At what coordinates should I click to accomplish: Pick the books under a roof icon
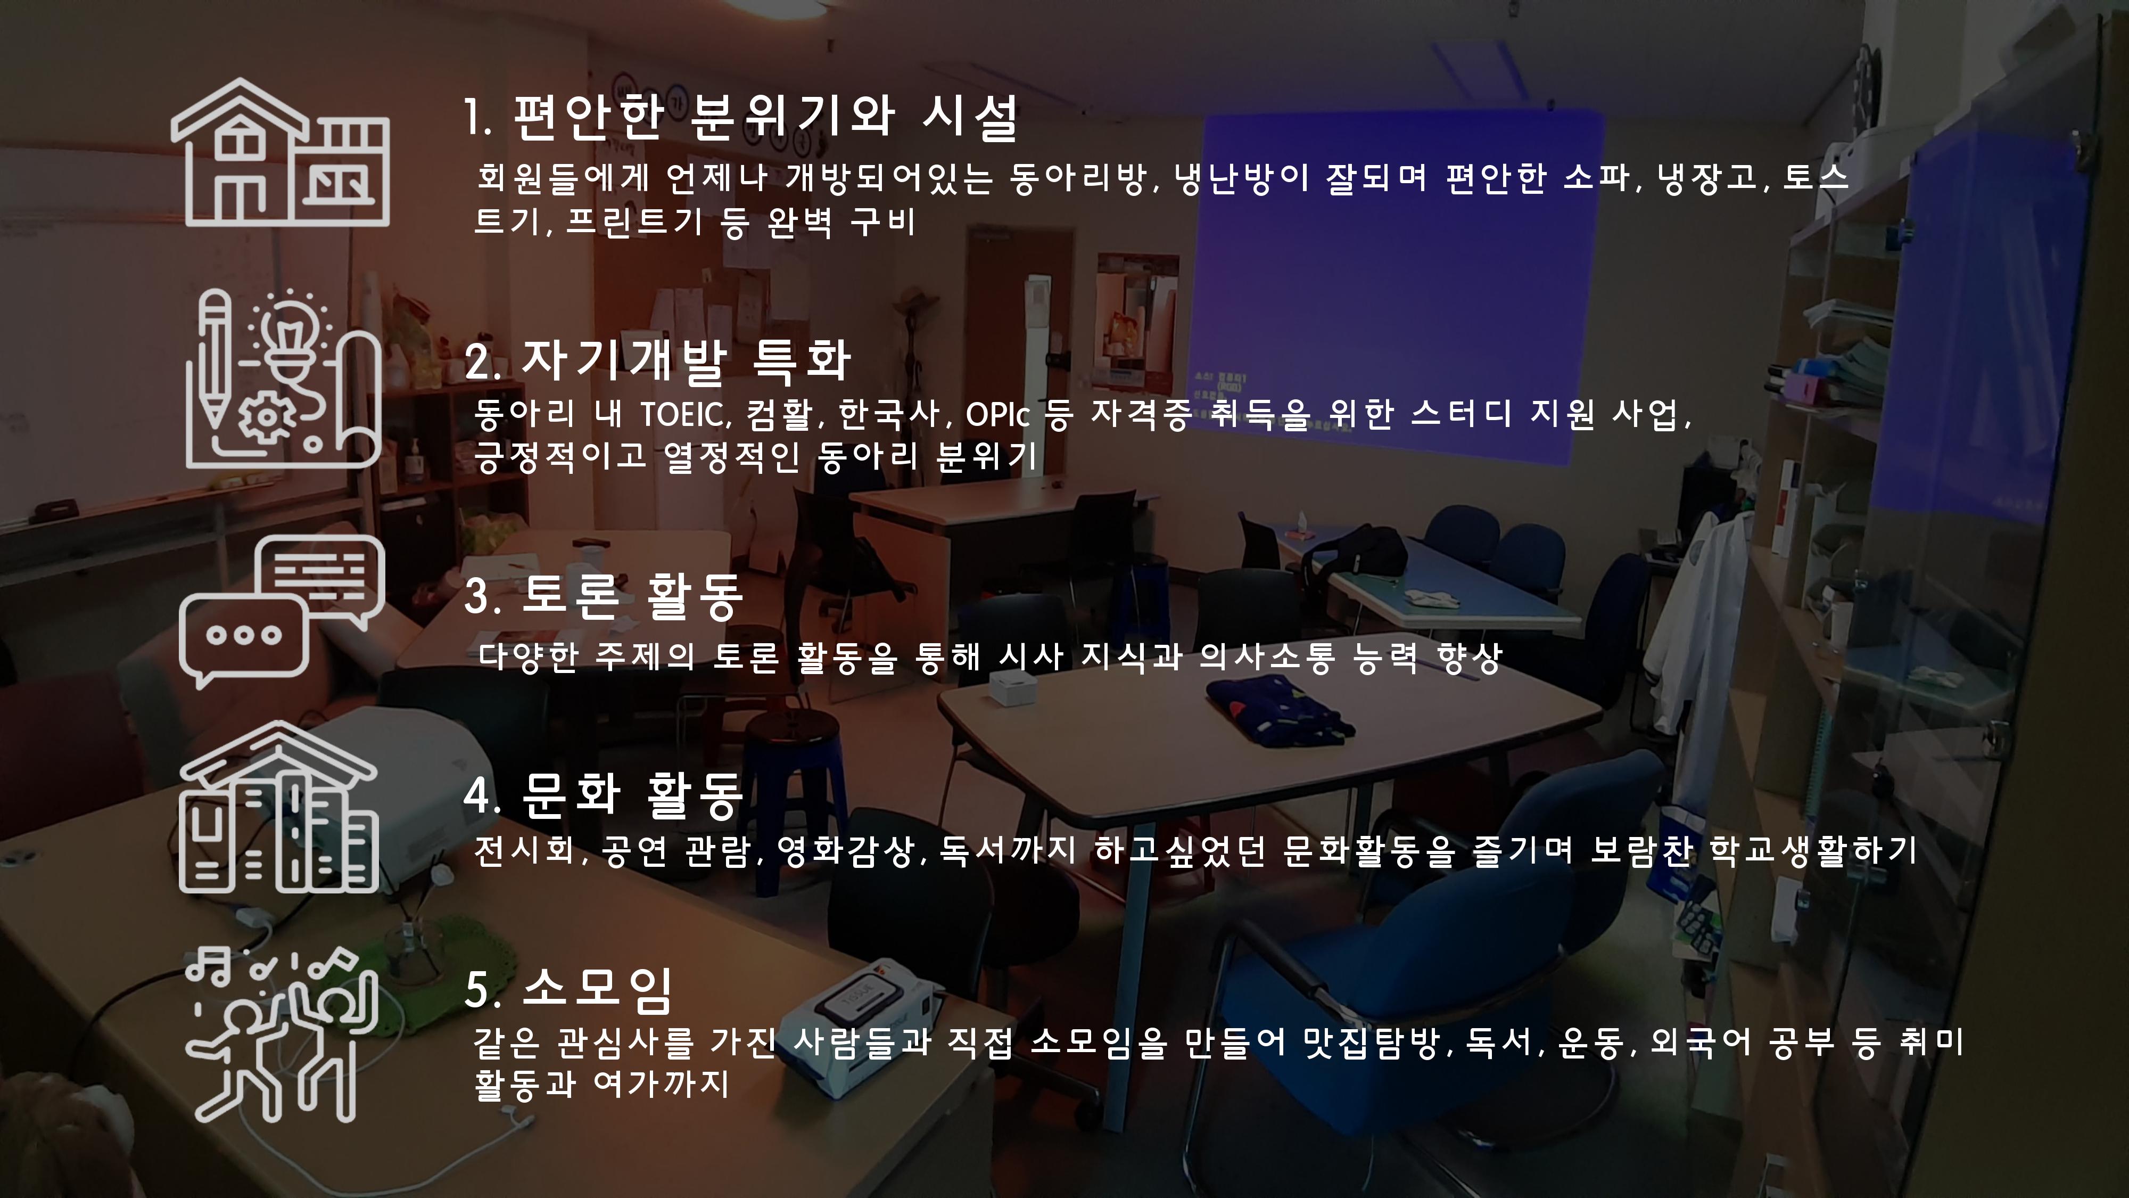click(x=279, y=807)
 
